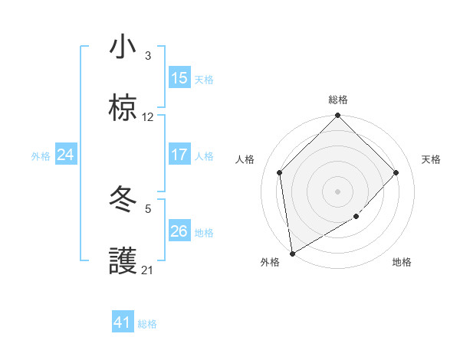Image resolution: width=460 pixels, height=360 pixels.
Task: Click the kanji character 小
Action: point(123,47)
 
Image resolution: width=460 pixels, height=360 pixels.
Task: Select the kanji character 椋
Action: point(123,109)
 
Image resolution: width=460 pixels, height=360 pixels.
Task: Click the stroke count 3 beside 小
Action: point(148,56)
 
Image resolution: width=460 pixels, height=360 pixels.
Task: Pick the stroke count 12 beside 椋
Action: point(148,117)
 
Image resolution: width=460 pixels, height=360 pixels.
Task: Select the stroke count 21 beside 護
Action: point(148,270)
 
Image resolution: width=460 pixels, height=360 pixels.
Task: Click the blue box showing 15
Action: point(179,78)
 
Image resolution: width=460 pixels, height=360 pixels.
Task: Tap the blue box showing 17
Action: point(179,155)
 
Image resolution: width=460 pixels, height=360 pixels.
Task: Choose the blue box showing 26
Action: point(179,231)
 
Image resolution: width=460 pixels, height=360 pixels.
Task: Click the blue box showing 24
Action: point(66,155)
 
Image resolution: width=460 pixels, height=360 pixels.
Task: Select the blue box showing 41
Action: point(123,322)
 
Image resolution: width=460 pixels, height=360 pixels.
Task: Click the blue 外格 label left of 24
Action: point(41,155)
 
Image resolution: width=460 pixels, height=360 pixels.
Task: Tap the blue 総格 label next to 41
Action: point(147,323)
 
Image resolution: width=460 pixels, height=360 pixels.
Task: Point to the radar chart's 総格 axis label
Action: point(338,100)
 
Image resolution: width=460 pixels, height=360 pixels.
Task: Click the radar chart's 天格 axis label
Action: point(432,159)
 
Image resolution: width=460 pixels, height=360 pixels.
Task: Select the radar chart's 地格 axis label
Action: point(402,262)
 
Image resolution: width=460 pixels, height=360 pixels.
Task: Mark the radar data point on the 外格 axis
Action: point(292,254)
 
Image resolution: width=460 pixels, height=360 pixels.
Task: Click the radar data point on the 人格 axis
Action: point(280,172)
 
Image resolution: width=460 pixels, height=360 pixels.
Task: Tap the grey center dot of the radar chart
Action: point(338,191)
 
